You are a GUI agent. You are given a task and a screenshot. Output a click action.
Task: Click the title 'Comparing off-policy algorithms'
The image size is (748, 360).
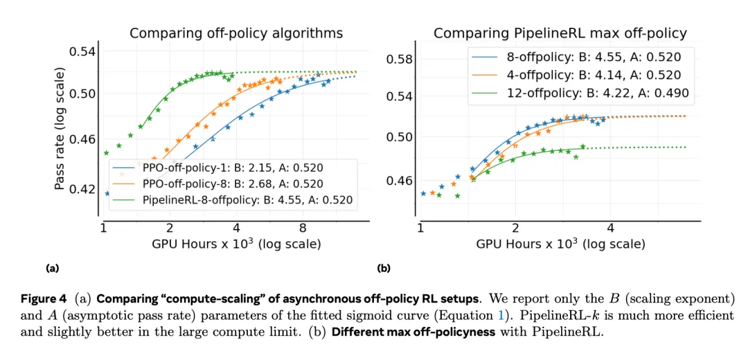236,33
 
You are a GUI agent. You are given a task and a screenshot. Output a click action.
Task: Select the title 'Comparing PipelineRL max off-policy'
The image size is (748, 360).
560,33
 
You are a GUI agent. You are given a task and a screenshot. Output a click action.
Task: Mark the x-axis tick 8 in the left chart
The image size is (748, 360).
302,228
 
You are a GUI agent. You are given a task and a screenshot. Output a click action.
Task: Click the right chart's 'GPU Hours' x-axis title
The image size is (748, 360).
560,244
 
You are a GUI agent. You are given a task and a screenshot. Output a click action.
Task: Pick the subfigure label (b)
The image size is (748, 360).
383,267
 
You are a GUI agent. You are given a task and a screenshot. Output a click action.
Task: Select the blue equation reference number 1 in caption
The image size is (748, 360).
562,315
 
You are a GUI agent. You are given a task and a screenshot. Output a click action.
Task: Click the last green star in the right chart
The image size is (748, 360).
582,147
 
